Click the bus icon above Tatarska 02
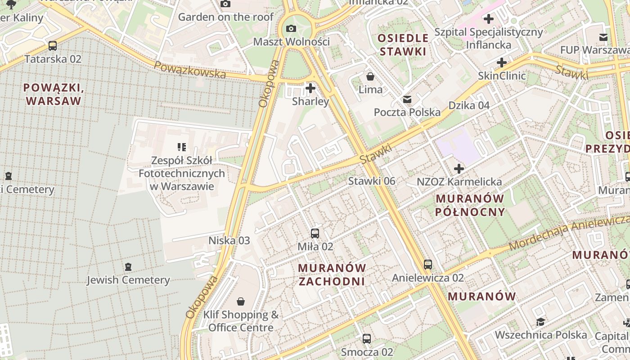(x=53, y=45)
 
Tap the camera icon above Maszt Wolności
(x=291, y=28)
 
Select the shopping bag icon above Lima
(x=370, y=76)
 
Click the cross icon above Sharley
(x=310, y=88)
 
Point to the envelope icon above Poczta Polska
(x=407, y=99)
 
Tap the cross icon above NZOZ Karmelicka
(x=459, y=169)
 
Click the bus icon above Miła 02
(x=315, y=233)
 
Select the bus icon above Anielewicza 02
(x=428, y=265)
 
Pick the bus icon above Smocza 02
(x=367, y=338)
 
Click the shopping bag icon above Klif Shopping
(x=241, y=301)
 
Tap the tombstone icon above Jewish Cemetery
(x=128, y=266)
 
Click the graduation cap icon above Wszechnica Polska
(x=540, y=322)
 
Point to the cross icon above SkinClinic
(x=502, y=62)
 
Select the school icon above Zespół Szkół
(x=182, y=147)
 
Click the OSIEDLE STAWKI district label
(x=403, y=44)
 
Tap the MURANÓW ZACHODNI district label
(x=332, y=274)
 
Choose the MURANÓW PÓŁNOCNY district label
(x=470, y=205)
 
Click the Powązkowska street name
(x=189, y=70)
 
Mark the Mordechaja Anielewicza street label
(x=569, y=232)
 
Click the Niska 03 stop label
(x=229, y=240)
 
